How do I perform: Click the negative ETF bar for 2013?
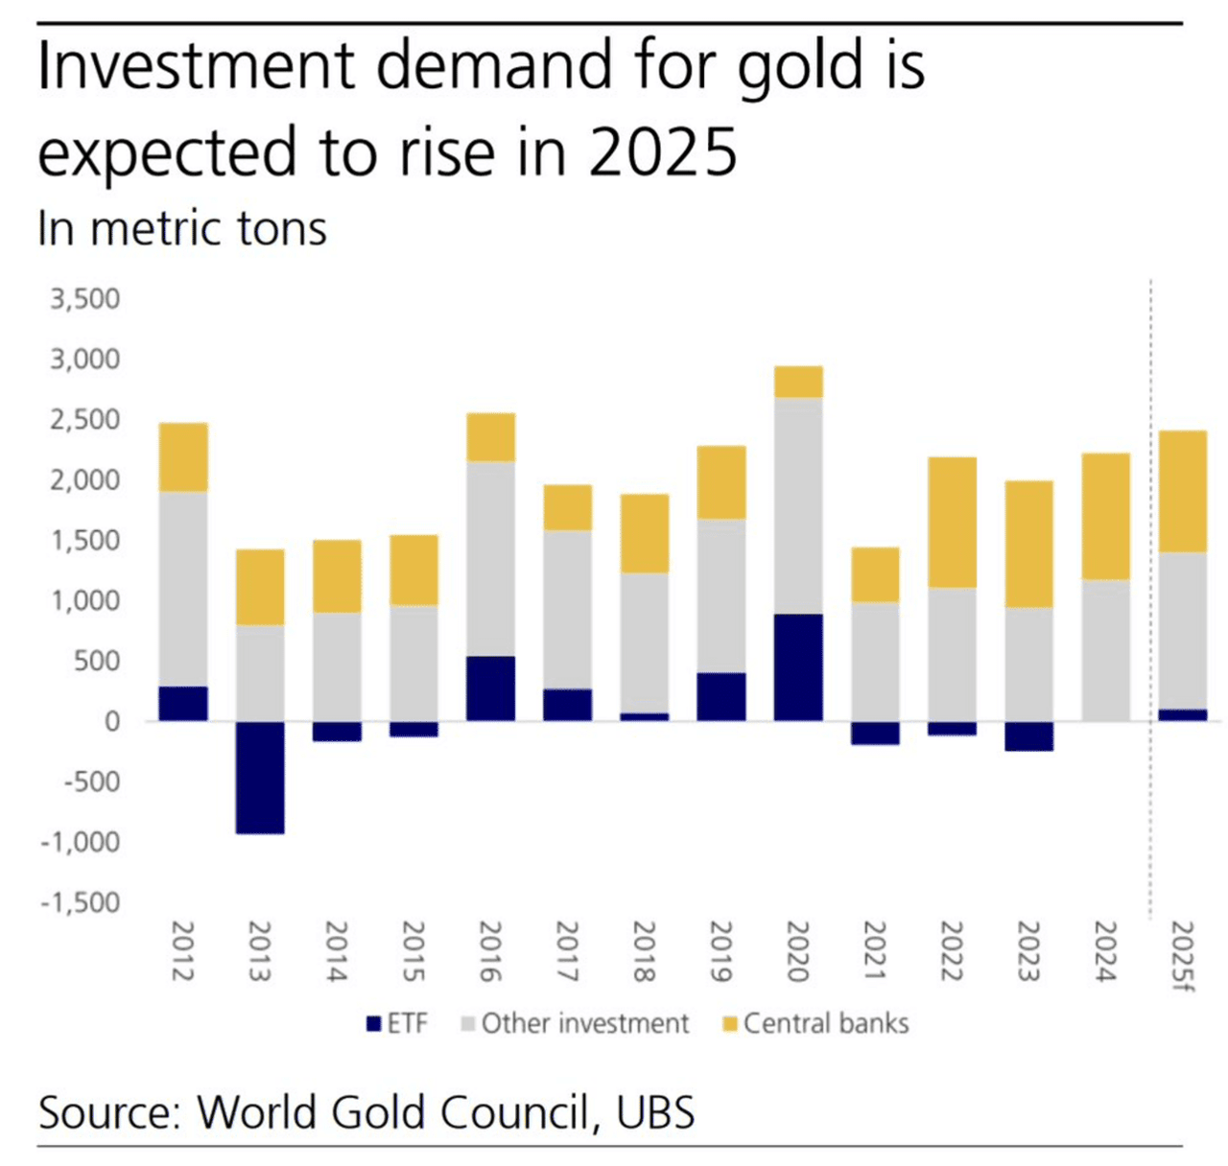[260, 777]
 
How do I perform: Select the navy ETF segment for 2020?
[798, 666]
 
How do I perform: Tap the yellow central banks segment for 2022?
[952, 522]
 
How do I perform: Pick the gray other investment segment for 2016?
[490, 559]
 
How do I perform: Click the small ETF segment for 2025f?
[1183, 714]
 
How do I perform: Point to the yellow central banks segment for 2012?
[183, 457]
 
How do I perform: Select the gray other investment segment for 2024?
[1105, 650]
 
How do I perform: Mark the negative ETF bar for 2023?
[1028, 735]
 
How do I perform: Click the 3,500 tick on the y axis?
[85, 299]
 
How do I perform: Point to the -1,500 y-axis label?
[81, 902]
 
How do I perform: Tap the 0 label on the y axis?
[112, 721]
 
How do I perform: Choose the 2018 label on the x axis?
[644, 951]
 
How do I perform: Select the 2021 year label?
[875, 951]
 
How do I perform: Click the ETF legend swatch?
[374, 1024]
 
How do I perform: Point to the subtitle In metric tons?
[182, 229]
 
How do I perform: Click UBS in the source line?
[656, 1112]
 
